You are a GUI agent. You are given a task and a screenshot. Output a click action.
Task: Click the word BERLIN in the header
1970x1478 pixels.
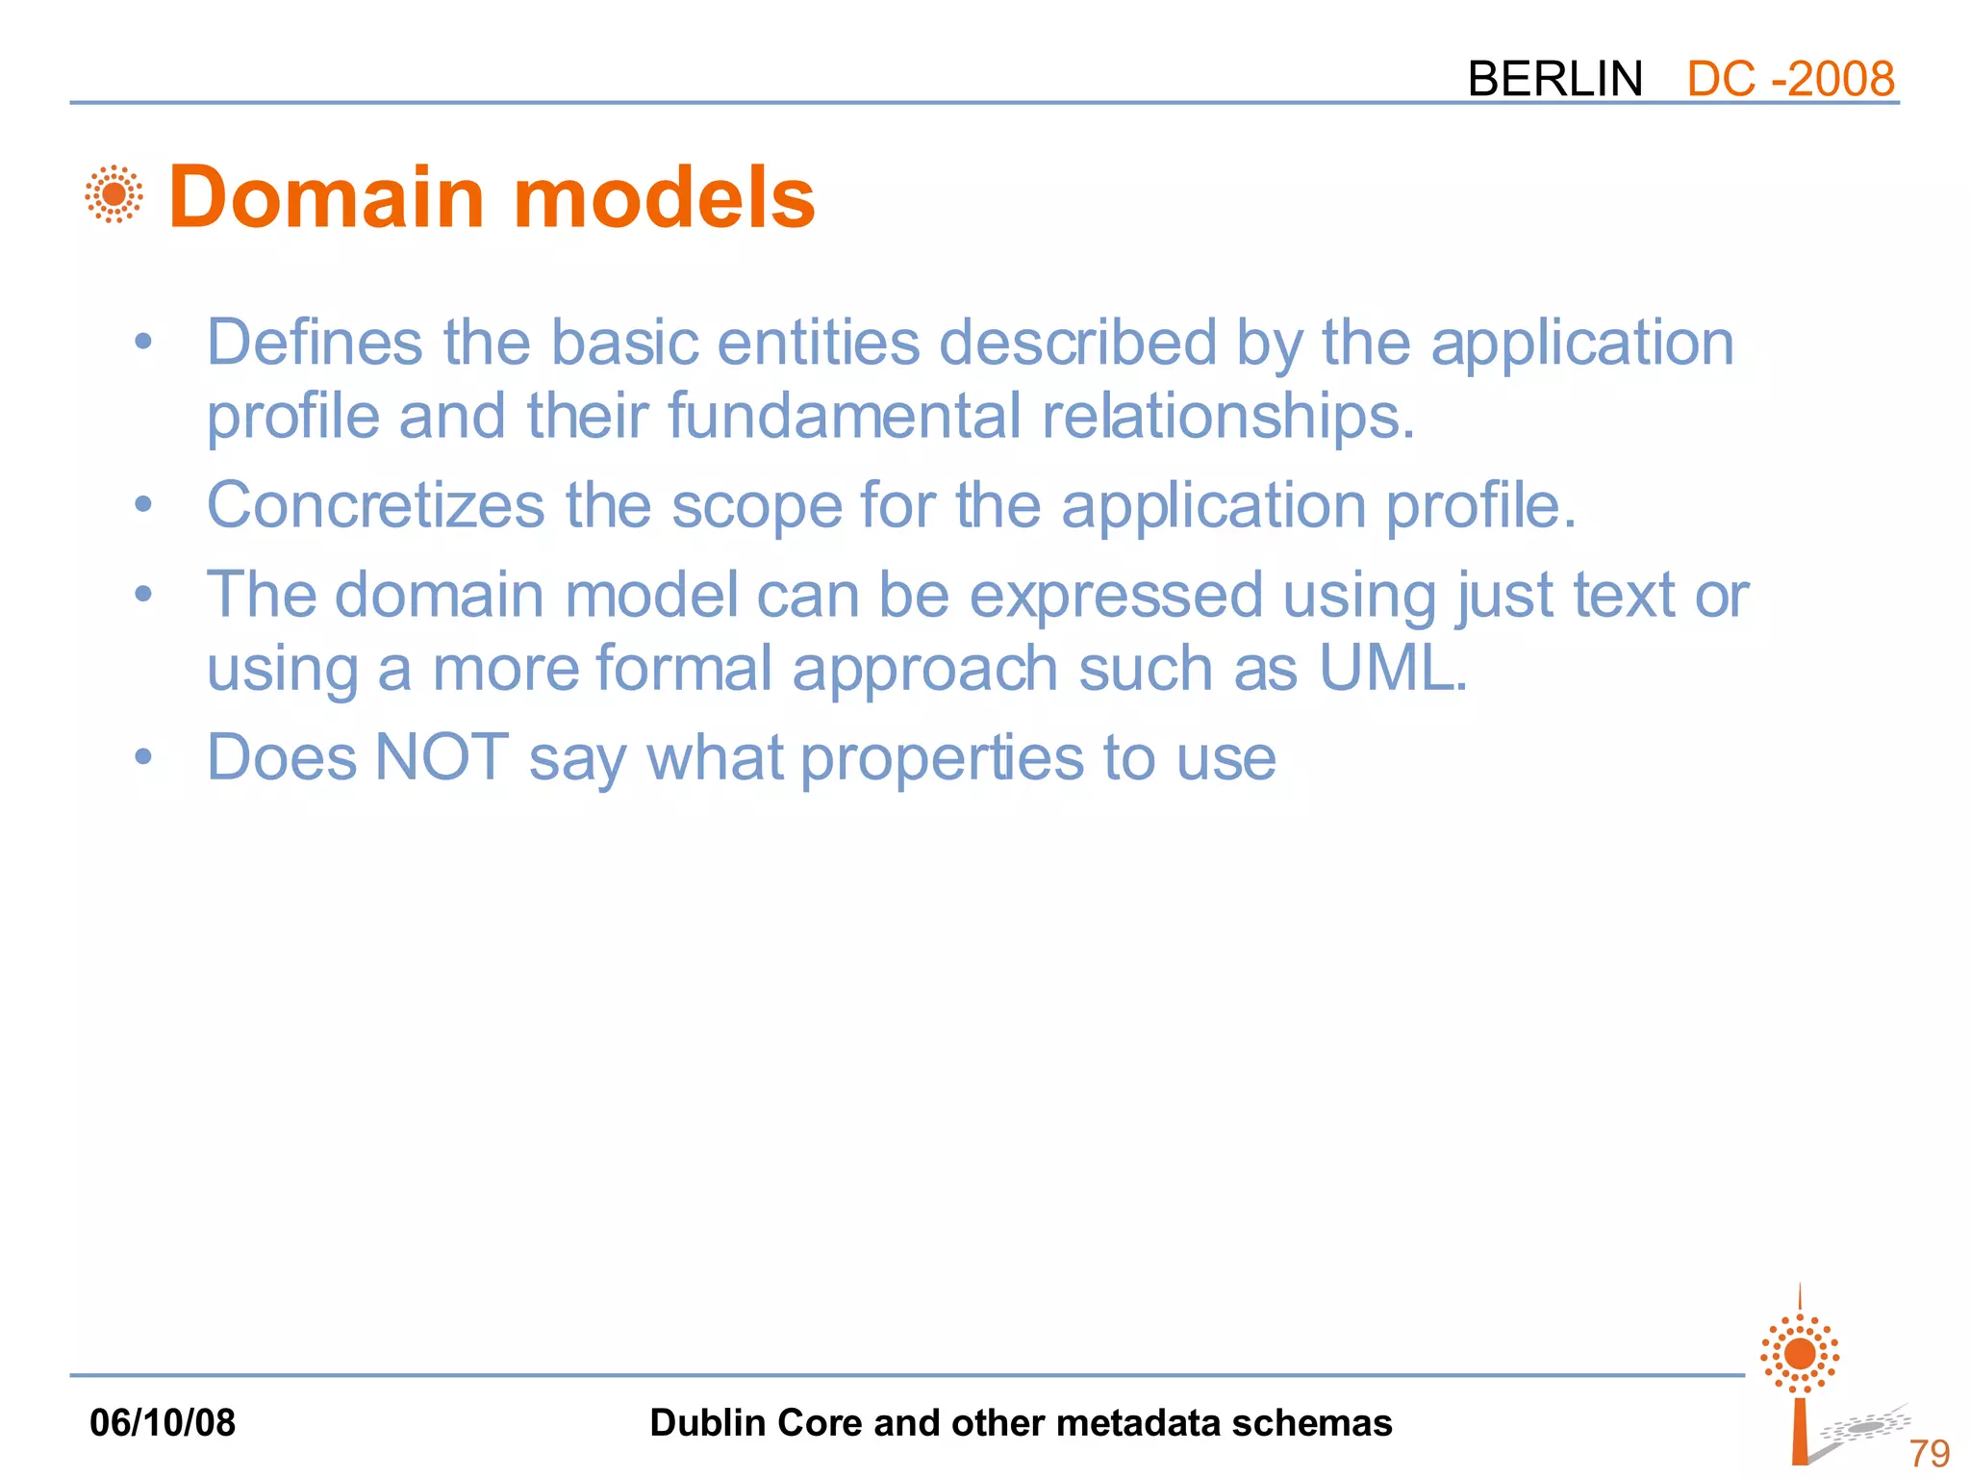tap(1554, 79)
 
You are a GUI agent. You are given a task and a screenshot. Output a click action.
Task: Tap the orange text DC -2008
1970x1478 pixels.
tap(1790, 79)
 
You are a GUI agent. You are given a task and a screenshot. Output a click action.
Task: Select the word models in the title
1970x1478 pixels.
tap(665, 197)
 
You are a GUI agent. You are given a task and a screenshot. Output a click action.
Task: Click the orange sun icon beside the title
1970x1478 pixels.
tap(114, 194)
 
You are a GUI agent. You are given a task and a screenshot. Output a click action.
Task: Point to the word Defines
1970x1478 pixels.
tap(315, 343)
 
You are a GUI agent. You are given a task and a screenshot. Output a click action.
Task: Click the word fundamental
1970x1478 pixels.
tap(844, 416)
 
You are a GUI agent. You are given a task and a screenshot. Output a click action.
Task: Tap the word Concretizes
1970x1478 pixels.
tap(376, 505)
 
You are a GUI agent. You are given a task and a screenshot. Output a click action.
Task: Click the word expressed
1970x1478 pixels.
tap(1116, 595)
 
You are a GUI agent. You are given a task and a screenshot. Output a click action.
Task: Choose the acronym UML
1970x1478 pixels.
tap(1391, 668)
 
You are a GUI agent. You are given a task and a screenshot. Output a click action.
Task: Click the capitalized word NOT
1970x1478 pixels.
tap(442, 757)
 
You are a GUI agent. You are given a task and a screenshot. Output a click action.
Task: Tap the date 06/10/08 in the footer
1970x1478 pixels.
tap(163, 1422)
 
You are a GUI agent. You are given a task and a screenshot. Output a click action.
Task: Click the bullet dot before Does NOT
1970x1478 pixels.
tap(143, 757)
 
